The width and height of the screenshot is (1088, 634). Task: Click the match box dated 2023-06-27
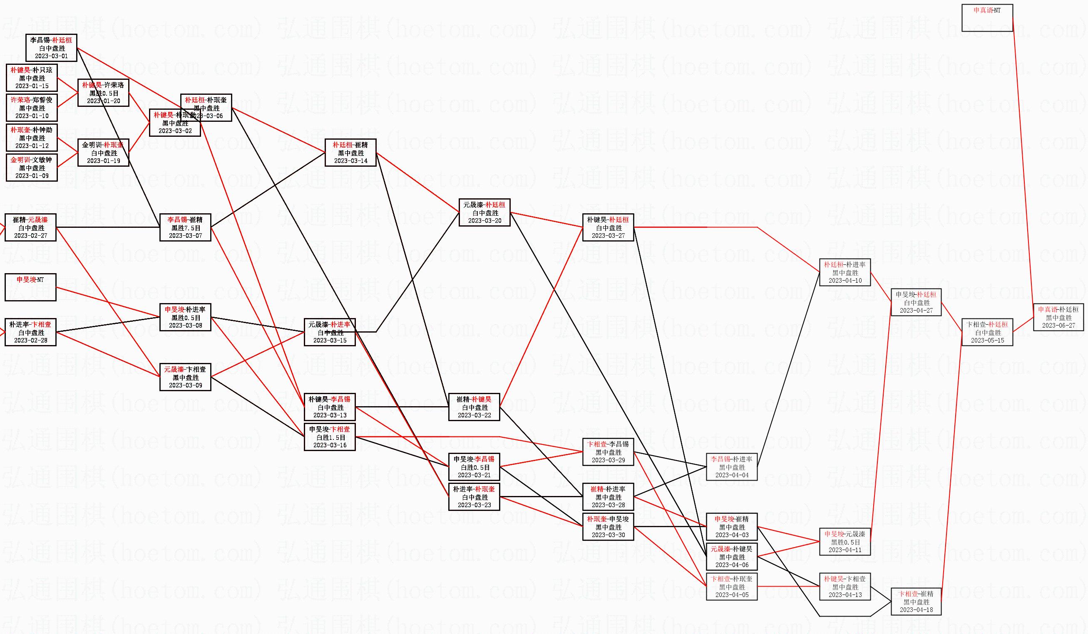1058,317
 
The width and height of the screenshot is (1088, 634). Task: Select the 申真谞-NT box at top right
987,18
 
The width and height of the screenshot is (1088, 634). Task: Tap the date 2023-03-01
51,56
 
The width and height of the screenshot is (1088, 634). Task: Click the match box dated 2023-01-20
103,93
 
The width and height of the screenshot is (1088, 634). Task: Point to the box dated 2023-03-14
350,152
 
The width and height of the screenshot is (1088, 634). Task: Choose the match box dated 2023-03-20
484,212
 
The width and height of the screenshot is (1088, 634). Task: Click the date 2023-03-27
608,236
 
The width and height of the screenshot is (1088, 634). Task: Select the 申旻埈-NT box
30,287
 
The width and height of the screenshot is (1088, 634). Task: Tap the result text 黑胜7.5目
186,228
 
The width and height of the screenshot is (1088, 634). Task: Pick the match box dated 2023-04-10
845,272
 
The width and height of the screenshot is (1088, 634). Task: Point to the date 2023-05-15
987,340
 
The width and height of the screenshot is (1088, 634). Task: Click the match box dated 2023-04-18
916,601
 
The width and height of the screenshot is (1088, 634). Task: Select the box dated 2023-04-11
845,542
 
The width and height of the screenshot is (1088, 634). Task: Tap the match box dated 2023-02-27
30,227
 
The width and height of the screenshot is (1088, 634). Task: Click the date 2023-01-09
32,176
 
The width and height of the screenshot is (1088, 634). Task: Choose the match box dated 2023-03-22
474,407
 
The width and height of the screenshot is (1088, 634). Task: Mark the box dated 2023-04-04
731,466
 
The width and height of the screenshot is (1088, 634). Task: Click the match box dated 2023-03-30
608,527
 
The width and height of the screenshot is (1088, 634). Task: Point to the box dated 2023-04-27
916,302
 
